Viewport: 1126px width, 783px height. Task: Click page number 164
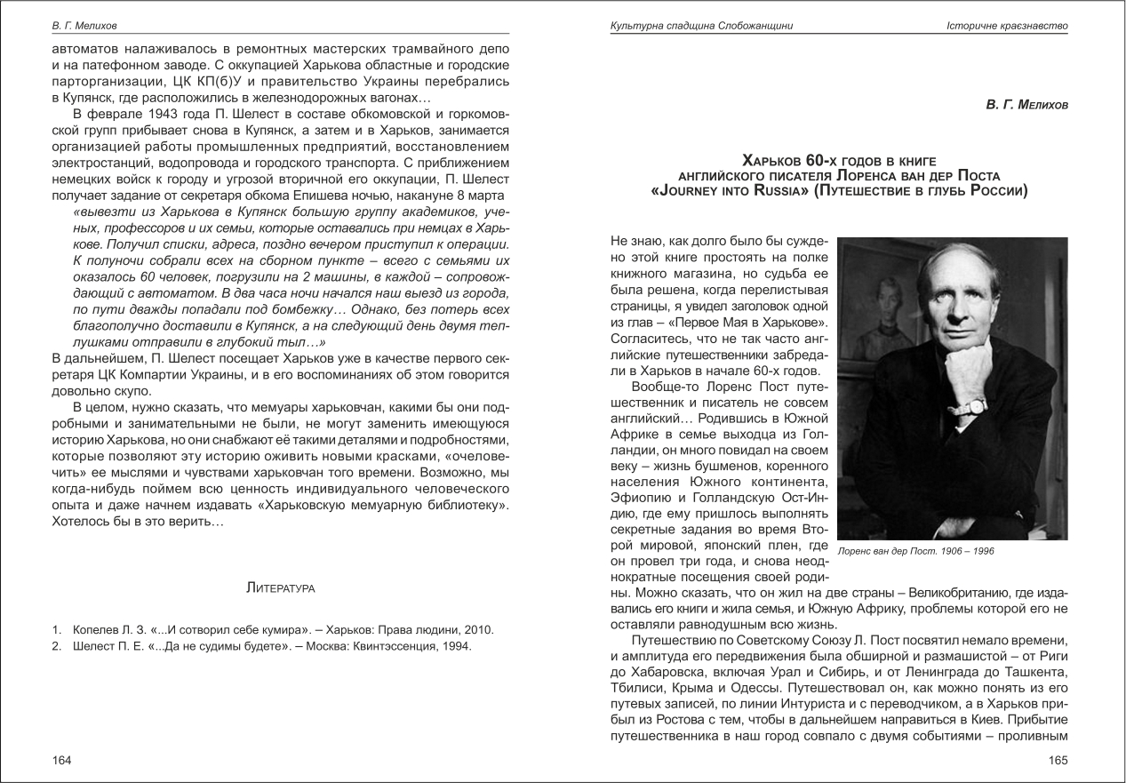click(x=61, y=760)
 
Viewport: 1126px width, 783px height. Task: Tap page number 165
click(x=1058, y=760)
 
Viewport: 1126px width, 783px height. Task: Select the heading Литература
click(x=280, y=587)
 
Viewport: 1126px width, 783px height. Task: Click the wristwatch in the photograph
click(x=976, y=405)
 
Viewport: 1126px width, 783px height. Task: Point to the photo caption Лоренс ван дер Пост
click(x=915, y=551)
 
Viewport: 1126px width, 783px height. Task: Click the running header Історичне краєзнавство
click(x=1007, y=27)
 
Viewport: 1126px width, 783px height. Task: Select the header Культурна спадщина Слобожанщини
click(x=696, y=27)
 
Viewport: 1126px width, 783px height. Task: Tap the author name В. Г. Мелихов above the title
click(x=1026, y=106)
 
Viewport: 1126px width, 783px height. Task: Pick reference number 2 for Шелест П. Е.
click(x=55, y=646)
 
